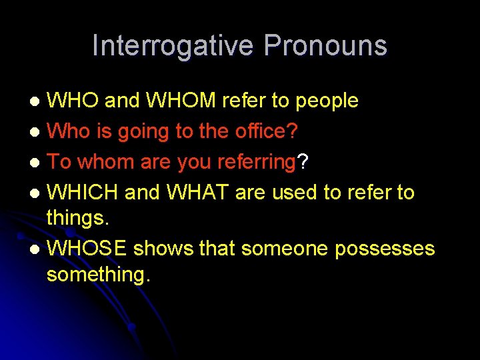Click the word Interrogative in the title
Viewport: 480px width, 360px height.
coord(173,46)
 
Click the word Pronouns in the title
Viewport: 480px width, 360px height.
coord(325,46)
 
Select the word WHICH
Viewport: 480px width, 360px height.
coord(83,193)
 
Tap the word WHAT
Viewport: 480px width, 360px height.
coord(197,193)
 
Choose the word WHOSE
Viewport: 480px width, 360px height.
coord(87,249)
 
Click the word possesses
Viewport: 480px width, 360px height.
coord(385,249)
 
